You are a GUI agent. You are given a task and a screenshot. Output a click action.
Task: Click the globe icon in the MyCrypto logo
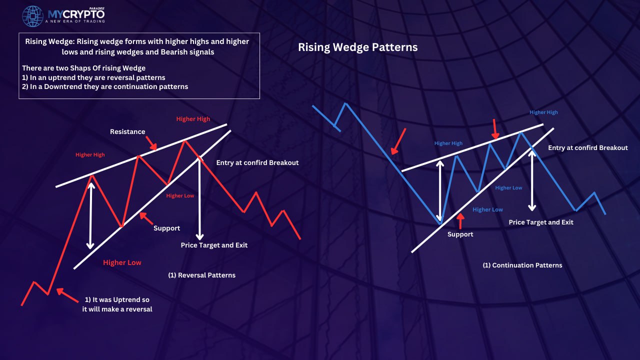32,16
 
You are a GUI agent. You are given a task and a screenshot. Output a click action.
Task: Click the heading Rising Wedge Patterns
357,47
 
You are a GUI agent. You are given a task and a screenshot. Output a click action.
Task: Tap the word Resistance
127,131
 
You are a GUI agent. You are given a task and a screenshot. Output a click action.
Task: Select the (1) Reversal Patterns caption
201,275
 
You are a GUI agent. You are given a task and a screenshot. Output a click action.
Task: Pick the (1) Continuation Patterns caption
522,265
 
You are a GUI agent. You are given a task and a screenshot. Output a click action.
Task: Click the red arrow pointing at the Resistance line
151,143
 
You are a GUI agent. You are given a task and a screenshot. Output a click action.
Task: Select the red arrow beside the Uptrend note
67,295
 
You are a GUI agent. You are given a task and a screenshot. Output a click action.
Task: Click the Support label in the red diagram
166,228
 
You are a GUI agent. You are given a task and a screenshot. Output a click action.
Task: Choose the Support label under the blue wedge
460,234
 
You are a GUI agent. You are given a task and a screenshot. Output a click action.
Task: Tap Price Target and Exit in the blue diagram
541,222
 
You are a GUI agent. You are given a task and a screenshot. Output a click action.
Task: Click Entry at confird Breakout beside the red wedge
257,162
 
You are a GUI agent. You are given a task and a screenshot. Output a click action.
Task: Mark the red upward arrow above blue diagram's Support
460,221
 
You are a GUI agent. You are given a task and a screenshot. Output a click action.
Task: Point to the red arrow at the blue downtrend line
398,141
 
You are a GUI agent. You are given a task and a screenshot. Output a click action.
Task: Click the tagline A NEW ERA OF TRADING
75,21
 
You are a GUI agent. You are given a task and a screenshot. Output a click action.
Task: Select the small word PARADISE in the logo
97,8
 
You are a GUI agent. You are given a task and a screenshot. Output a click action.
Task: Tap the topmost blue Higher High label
543,112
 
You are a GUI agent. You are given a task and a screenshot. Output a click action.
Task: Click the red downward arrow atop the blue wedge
495,129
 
